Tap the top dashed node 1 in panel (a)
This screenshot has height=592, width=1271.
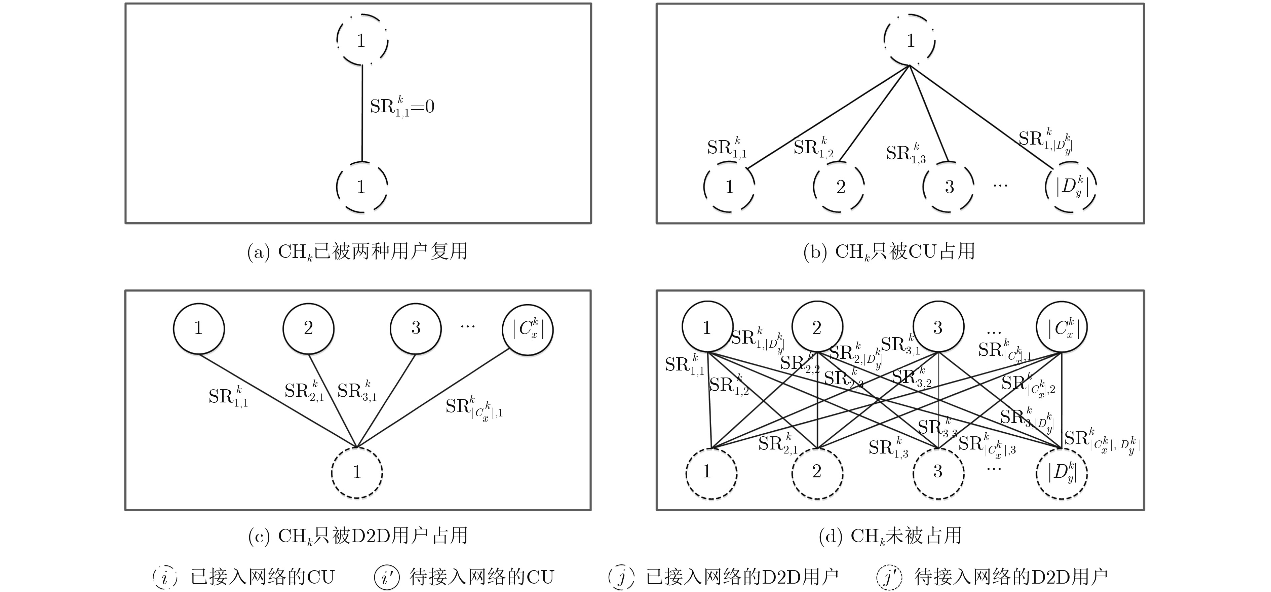pyautogui.click(x=362, y=40)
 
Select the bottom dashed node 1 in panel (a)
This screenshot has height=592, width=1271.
pyautogui.click(x=362, y=187)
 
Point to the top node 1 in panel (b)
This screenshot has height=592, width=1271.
pyautogui.click(x=910, y=40)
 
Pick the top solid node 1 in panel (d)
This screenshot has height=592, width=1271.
pyautogui.click(x=707, y=327)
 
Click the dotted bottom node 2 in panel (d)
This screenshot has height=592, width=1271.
pyautogui.click(x=817, y=472)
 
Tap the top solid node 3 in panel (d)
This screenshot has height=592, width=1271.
pyautogui.click(x=938, y=327)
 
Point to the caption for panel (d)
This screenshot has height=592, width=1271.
pyautogui.click(x=890, y=536)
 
